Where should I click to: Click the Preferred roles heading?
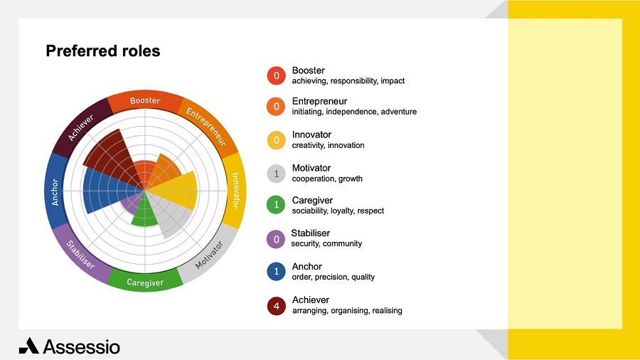click(103, 51)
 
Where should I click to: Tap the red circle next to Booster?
click(277, 75)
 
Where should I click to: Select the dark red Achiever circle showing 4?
click(277, 306)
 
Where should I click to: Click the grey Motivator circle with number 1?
click(277, 174)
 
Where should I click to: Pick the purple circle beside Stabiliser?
click(276, 239)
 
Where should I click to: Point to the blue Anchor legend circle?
click(277, 272)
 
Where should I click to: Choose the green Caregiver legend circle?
click(277, 204)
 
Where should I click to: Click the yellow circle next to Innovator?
click(277, 140)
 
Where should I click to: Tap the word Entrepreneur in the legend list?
click(319, 101)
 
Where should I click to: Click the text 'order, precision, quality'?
click(333, 277)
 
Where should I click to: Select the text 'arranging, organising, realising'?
click(347, 311)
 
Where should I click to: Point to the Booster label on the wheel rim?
click(145, 100)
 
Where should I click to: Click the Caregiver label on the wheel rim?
click(145, 282)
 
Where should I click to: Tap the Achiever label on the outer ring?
click(81, 127)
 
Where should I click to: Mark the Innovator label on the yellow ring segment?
click(235, 191)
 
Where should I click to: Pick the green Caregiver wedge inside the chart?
click(144, 212)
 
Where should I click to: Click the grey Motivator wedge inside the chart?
click(171, 212)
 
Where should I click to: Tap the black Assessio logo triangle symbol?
click(29, 346)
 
